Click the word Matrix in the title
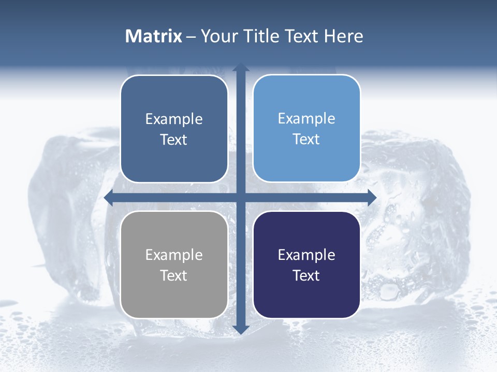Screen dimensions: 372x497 pos(154,36)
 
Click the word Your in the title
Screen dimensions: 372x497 pos(219,36)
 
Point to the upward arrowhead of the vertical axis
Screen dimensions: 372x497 pos(241,68)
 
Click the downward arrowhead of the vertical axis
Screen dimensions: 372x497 pos(241,329)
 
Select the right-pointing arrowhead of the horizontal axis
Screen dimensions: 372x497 pos(371,197)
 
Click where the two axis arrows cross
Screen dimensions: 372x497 pos(241,197)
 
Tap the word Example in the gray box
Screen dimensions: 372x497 pos(174,255)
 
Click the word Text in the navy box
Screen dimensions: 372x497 pos(306,275)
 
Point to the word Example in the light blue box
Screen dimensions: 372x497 pos(306,118)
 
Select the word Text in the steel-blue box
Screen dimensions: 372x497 pos(174,139)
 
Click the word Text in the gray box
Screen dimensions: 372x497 pos(174,275)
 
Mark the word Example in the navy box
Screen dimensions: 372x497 pos(306,255)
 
